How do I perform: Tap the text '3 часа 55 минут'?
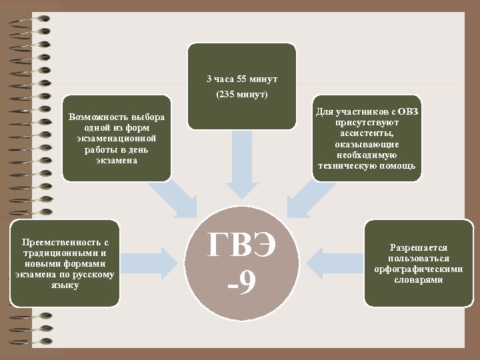pos(242,79)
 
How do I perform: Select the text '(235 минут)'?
pos(242,95)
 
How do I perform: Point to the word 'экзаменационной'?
pos(117,139)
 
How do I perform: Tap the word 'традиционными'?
pos(53,253)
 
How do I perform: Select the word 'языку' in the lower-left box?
pos(64,285)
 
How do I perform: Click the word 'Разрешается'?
pos(419,247)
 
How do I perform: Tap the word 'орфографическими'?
pos(419,269)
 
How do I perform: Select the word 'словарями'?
pos(419,280)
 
